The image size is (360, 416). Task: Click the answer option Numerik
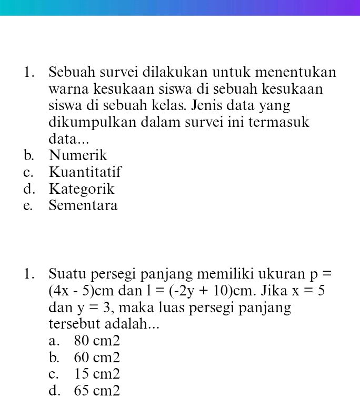(x=78, y=156)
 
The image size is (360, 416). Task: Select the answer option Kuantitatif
(x=85, y=173)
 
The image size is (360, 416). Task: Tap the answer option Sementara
(x=83, y=206)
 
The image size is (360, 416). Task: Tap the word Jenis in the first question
(x=208, y=105)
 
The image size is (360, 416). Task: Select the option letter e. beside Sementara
(x=28, y=206)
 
